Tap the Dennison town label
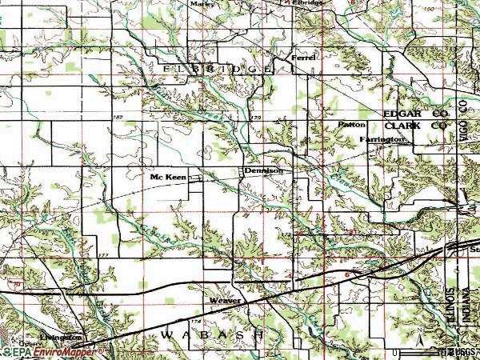(x=263, y=171)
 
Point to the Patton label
(x=351, y=126)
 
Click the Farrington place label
(x=383, y=139)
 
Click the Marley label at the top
(x=203, y=3)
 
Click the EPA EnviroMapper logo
(x=53, y=351)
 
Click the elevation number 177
(x=102, y=254)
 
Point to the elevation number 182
(x=118, y=118)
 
